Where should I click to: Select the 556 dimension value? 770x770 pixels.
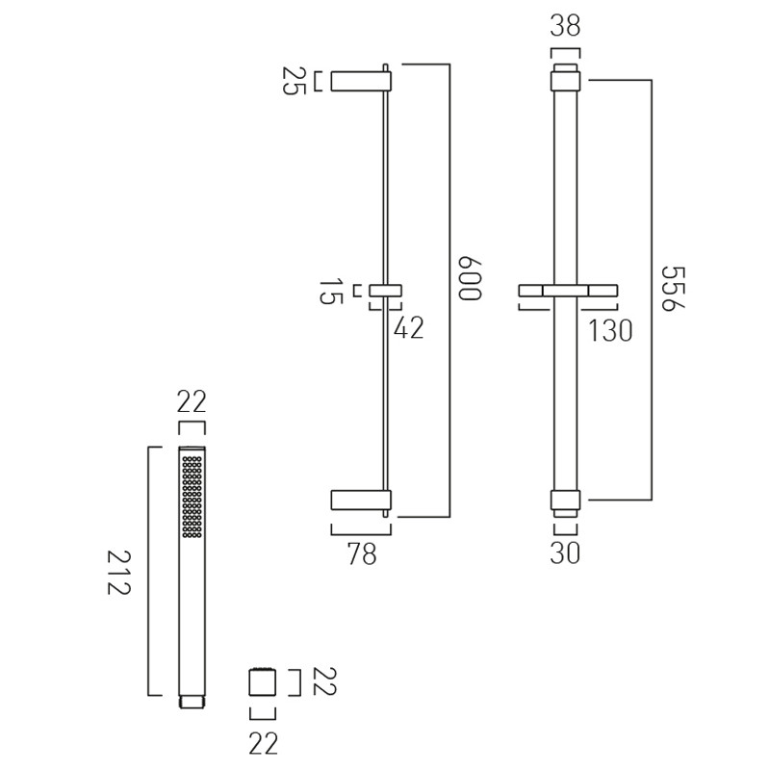point(672,289)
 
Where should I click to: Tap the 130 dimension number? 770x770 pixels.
point(610,330)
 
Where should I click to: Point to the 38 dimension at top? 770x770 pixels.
point(565,26)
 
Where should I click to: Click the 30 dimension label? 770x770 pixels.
point(565,552)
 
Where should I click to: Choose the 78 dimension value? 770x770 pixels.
point(362,553)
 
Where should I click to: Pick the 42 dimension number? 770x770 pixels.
point(408,327)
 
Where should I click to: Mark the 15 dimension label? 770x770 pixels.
point(330,292)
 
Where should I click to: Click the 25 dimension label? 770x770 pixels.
point(294,81)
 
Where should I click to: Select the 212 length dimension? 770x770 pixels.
point(118,572)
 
